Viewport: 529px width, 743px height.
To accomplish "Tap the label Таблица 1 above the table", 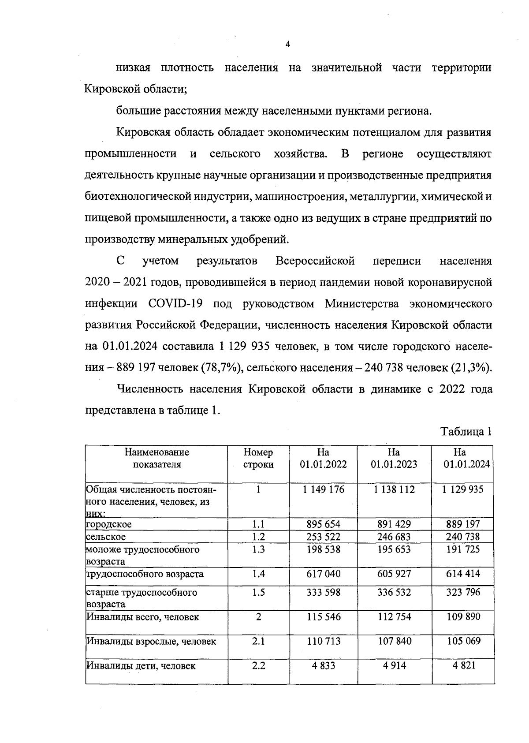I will pos(466,431).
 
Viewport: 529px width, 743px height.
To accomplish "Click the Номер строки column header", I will pos(258,458).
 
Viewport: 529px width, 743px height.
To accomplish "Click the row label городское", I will pos(109,524).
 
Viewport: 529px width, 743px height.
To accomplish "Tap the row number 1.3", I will pos(258,549).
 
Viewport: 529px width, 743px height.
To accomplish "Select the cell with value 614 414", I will pos(462,574).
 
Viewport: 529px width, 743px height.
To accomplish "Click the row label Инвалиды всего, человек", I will pos(142,617).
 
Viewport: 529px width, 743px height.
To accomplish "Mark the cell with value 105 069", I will pos(462,641).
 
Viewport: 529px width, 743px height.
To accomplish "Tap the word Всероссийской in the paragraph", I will pos(315,261).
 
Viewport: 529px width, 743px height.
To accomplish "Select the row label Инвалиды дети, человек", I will pos(141,666).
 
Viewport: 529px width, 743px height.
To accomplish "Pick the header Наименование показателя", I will pos(157,458).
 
